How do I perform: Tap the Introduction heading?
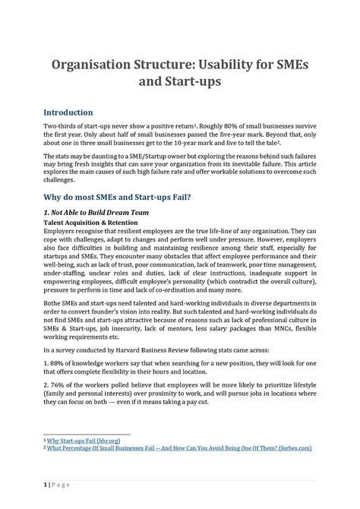[x=68, y=112]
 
